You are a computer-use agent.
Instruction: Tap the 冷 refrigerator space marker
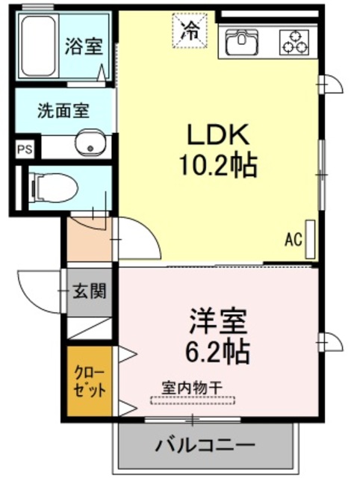pos(191,31)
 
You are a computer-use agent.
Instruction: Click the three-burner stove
pos(294,42)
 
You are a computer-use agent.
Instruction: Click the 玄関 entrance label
pos(89,291)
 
